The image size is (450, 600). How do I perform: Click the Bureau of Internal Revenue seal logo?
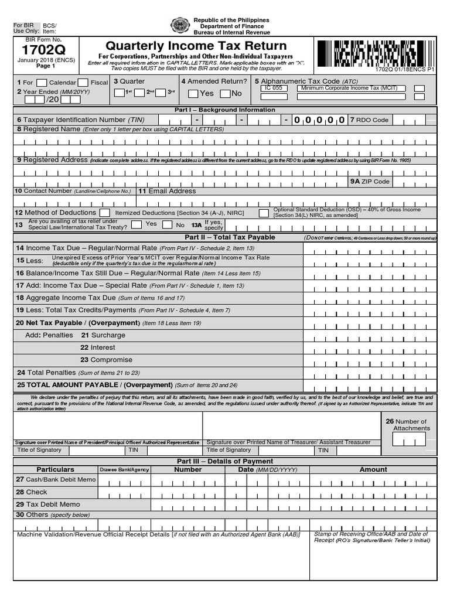(x=180, y=26)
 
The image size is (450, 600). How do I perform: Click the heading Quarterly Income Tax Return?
(x=196, y=46)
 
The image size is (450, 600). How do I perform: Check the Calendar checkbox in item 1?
(x=42, y=83)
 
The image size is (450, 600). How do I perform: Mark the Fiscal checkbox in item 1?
(x=83, y=83)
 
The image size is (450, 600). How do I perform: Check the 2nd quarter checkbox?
(x=141, y=93)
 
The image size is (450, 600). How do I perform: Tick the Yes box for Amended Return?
(x=193, y=94)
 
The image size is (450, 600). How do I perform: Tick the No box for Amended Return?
(x=225, y=94)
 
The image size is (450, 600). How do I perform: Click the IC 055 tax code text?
(x=273, y=88)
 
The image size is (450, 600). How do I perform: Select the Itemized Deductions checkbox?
(x=104, y=213)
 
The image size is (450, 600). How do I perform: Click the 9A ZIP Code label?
(x=370, y=182)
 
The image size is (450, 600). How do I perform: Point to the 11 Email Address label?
(x=167, y=191)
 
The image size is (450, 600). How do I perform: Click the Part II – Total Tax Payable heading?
(x=230, y=237)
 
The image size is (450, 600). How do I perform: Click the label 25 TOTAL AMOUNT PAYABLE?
(x=93, y=385)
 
